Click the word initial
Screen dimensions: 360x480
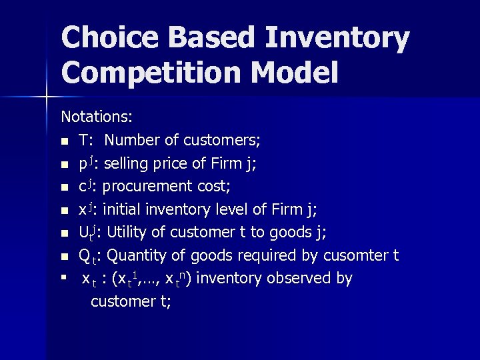(x=118, y=209)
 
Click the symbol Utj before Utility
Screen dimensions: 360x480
(x=87, y=233)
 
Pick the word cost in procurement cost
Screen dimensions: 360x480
(x=218, y=186)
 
